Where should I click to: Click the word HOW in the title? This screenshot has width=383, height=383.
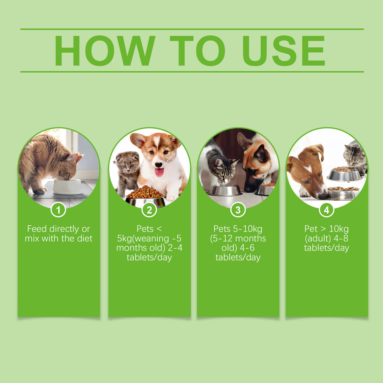tap(104, 50)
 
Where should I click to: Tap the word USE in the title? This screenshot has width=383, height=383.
tap(283, 50)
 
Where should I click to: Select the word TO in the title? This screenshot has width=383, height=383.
tap(197, 50)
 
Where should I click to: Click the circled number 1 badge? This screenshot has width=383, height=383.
tap(58, 210)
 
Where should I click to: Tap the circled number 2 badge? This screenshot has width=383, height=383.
tap(149, 210)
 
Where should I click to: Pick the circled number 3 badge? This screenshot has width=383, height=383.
tap(238, 210)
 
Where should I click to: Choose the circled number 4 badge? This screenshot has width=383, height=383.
tap(327, 210)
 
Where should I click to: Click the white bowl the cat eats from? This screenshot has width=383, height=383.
tap(67, 187)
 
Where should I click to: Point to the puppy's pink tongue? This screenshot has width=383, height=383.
tap(159, 172)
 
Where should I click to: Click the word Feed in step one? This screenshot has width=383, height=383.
tap(37, 229)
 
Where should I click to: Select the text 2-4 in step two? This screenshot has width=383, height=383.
tap(175, 248)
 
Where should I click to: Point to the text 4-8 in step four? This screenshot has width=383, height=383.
tap(341, 238)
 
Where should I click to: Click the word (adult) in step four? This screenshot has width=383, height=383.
tap(318, 238)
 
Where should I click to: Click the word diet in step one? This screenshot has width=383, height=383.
tap(85, 238)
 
